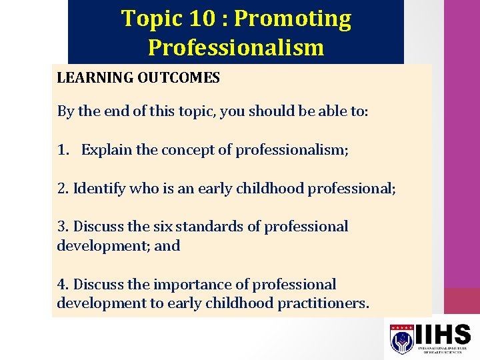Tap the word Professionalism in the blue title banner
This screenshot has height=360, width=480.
coord(236,48)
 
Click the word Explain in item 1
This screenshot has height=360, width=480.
coord(107,150)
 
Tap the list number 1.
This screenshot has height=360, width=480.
coord(62,150)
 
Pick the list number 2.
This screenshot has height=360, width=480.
coord(62,189)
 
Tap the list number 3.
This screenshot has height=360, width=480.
coord(62,227)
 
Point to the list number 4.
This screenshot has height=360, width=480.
coord(62,285)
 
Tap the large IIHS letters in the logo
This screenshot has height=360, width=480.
coord(443,334)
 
